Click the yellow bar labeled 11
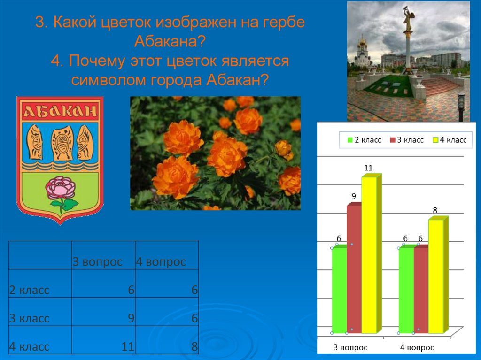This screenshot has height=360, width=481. (369, 253)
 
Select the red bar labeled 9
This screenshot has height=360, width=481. (354, 268)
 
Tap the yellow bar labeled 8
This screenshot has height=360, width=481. (436, 275)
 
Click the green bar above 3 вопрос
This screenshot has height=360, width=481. (339, 289)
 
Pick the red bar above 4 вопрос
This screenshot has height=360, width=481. (420, 289)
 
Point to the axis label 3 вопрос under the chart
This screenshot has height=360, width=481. (350, 348)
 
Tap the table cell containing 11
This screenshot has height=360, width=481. (103, 340)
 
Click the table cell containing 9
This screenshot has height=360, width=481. (103, 312)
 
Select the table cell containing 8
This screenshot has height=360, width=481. (167, 340)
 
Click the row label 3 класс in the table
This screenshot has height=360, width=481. (29, 318)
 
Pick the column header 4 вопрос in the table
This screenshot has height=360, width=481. (161, 261)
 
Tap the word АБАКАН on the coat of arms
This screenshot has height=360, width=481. (60, 112)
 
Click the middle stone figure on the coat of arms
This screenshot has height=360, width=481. (62, 143)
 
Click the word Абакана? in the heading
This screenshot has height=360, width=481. (170, 42)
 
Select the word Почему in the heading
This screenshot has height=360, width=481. (98, 61)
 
